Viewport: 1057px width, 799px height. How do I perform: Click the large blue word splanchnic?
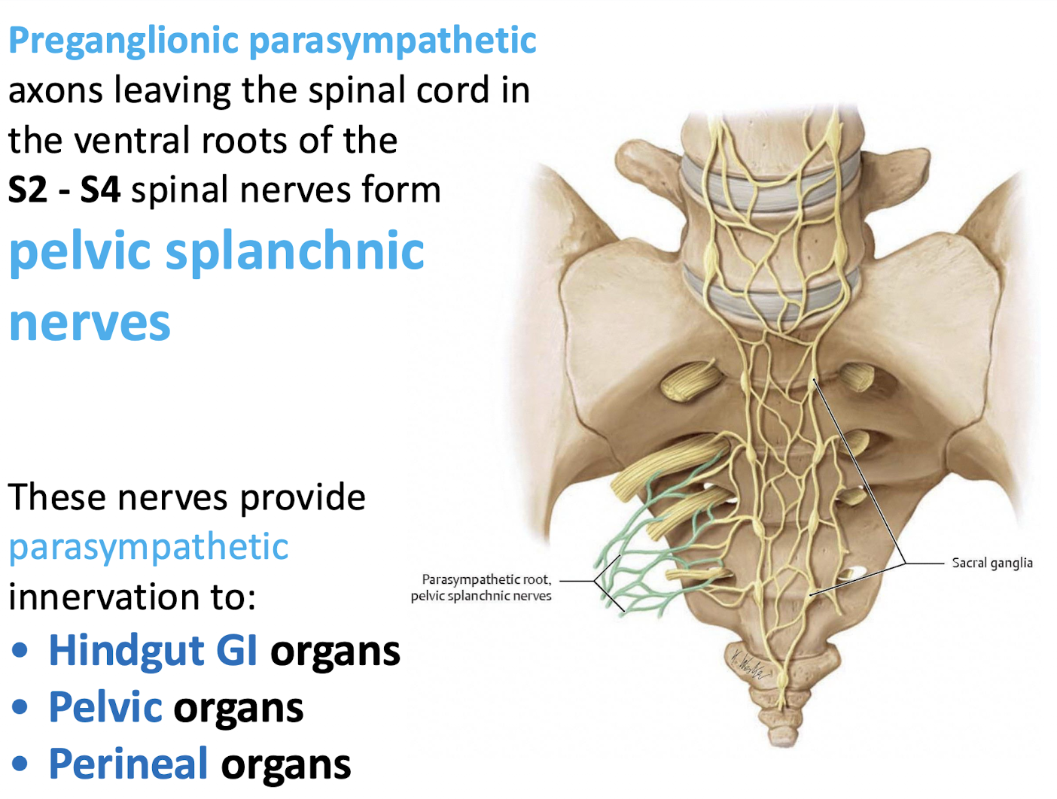click(x=295, y=252)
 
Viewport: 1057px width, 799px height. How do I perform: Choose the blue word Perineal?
click(x=128, y=764)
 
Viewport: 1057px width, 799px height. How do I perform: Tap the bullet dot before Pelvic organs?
click(x=20, y=708)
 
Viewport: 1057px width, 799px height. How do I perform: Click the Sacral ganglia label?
click(x=992, y=564)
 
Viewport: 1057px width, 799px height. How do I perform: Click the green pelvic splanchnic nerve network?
click(x=632, y=557)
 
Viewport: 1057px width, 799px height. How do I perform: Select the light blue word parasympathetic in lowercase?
click(x=148, y=547)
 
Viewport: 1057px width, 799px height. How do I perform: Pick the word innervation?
click(x=99, y=597)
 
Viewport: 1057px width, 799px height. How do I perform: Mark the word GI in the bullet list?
click(x=236, y=652)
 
